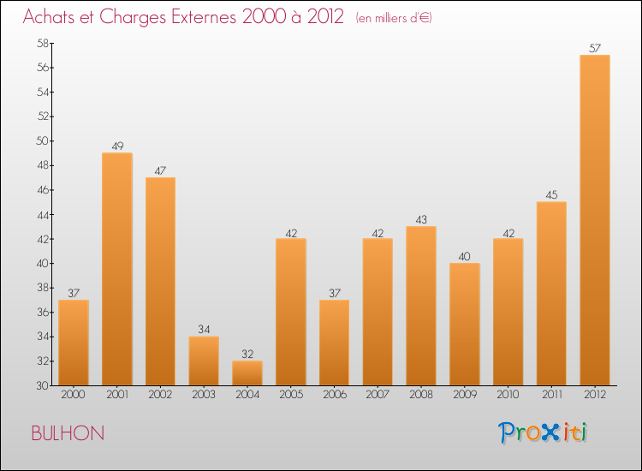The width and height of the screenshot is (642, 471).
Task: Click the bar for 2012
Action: [594, 220]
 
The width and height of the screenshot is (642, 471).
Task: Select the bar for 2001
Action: [117, 269]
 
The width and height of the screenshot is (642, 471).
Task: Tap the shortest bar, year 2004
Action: [247, 373]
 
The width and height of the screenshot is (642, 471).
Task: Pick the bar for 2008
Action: [421, 306]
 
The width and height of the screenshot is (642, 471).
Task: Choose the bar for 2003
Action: [204, 361]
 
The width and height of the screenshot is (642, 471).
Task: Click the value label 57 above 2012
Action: [594, 48]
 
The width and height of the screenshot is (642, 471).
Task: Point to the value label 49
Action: [117, 146]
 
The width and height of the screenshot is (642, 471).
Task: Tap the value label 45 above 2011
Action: [551, 194]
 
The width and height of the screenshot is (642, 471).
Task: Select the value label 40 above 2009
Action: [464, 255]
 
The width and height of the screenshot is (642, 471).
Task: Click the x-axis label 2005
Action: [291, 396]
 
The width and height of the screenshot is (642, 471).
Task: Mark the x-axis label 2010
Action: [508, 396]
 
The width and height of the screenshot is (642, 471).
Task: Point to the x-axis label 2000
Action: [74, 396]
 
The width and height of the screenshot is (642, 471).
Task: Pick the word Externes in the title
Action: [193, 18]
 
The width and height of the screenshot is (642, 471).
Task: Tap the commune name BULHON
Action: [68, 433]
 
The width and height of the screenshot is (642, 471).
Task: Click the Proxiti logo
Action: [543, 432]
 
